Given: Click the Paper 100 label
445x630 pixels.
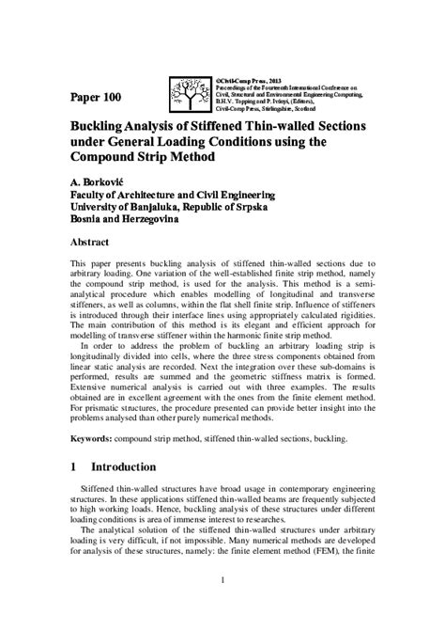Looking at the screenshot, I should [x=95, y=97].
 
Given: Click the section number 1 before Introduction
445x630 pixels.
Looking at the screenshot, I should [x=75, y=466].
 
